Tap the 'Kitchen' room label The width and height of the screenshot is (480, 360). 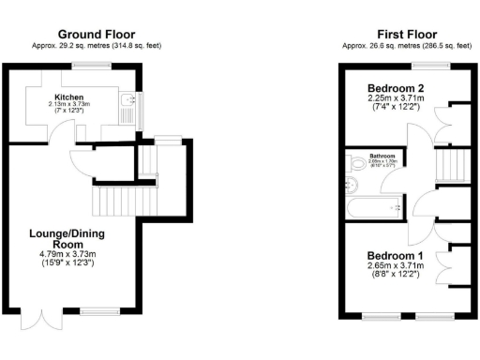69,97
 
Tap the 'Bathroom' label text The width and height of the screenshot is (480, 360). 382,156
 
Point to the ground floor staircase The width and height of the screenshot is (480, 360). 112,199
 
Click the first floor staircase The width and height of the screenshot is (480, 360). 452,167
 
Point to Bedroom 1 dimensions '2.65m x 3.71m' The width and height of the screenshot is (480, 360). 395,267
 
